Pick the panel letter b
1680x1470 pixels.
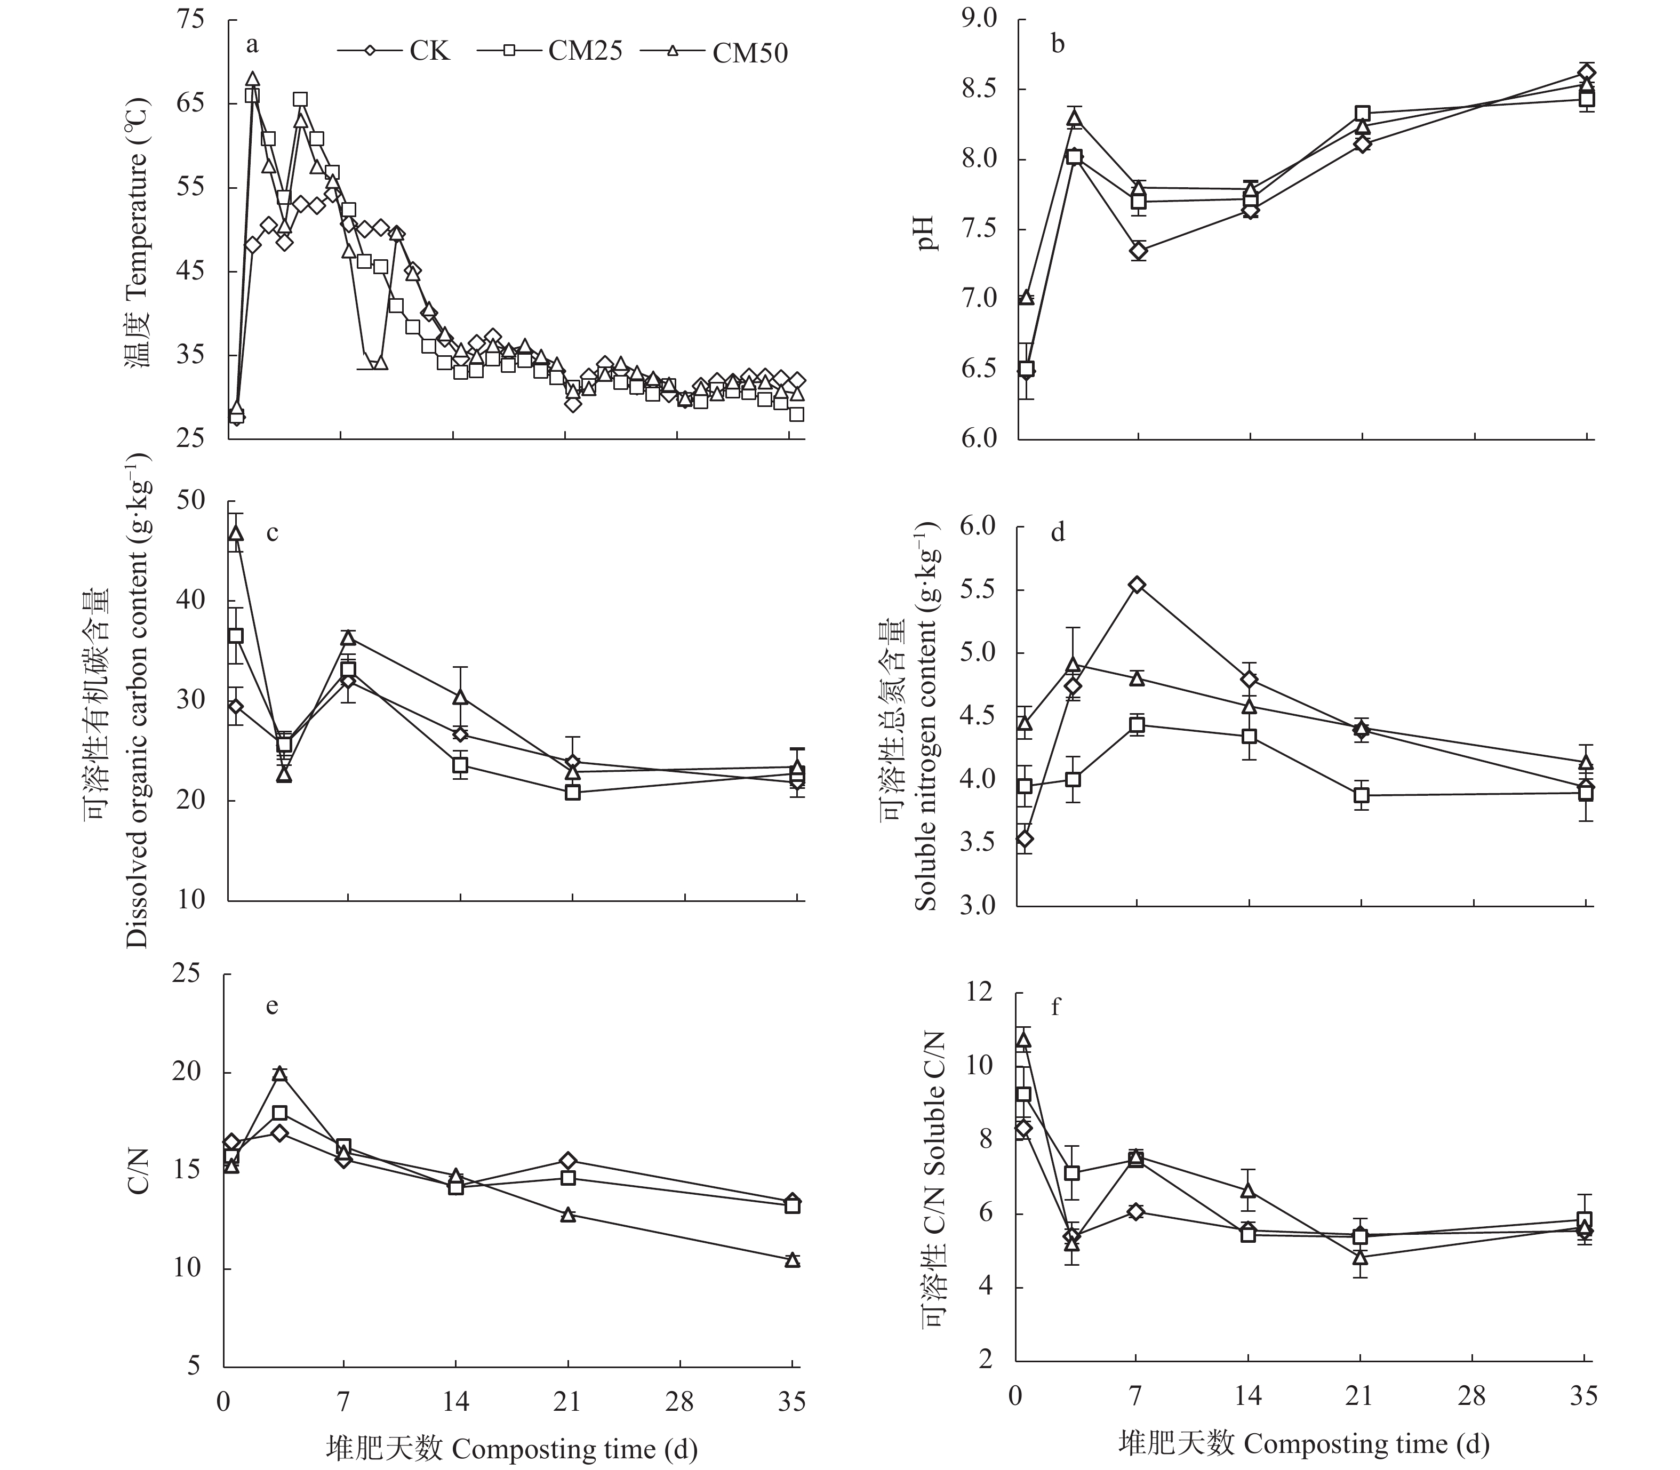click(x=1058, y=44)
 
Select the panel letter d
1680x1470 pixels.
click(x=1058, y=533)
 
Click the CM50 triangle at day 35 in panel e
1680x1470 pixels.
click(x=793, y=1260)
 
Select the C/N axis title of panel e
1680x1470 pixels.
click(x=139, y=1171)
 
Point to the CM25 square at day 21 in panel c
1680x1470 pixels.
click(x=573, y=793)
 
